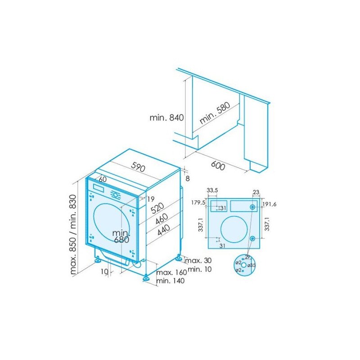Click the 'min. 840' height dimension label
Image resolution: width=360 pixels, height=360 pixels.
click(167, 118)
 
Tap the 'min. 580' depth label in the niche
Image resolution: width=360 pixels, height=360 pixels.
click(215, 113)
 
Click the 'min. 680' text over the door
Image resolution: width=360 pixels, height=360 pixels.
click(121, 236)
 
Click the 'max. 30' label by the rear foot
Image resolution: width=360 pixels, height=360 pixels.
click(198, 261)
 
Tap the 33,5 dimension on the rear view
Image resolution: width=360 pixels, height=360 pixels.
click(212, 191)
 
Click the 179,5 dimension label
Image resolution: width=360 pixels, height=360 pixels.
click(198, 202)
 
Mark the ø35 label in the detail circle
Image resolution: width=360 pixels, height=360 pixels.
click(252, 265)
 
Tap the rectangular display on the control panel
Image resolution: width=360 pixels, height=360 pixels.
click(98, 188)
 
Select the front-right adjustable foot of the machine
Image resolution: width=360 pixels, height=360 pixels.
click(147, 278)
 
